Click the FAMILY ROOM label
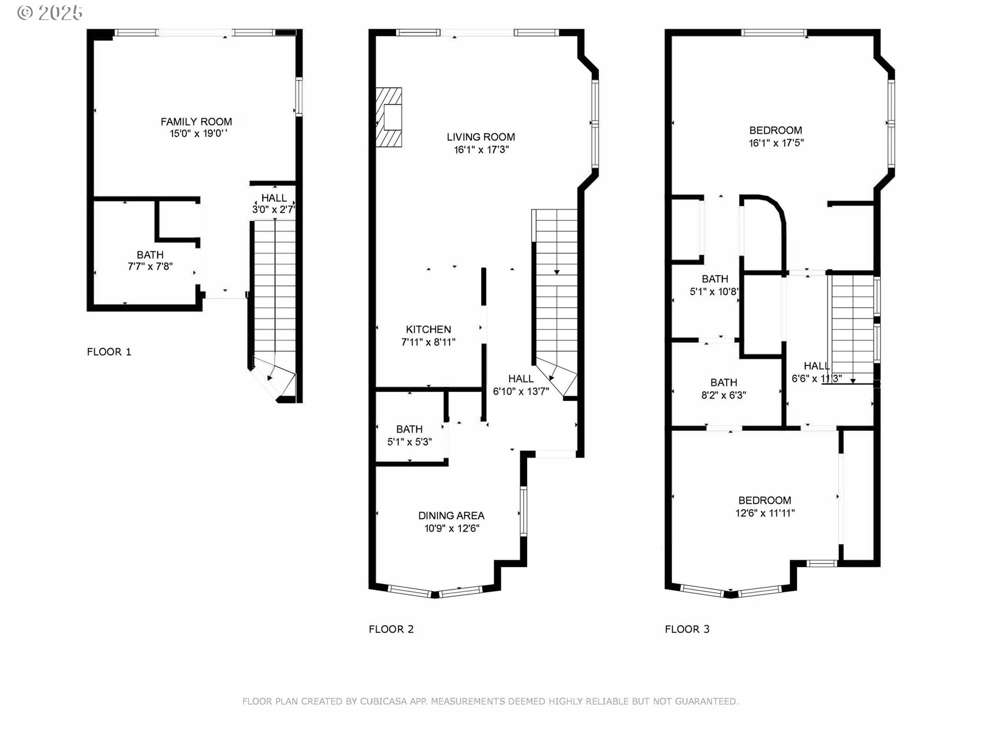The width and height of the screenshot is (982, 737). click(196, 122)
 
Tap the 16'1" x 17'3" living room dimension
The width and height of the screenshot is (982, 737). click(481, 150)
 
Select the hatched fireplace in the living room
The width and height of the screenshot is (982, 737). click(389, 117)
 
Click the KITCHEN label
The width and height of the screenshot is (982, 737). click(428, 330)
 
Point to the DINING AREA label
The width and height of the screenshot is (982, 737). click(451, 516)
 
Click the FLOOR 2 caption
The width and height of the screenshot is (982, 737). click(391, 629)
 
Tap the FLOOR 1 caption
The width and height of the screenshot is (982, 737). click(109, 352)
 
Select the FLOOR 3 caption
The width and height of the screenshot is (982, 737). click(687, 629)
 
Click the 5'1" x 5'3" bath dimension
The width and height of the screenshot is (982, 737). click(409, 442)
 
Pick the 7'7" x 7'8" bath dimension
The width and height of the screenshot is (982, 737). click(150, 267)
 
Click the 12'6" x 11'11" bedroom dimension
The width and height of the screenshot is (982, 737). click(765, 513)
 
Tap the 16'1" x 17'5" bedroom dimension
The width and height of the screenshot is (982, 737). click(776, 143)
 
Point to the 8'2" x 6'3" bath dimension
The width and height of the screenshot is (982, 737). click(723, 395)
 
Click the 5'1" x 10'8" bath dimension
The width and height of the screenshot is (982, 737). click(714, 292)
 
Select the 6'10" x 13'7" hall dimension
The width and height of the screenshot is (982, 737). click(521, 392)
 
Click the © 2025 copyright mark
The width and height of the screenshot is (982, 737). click(50, 13)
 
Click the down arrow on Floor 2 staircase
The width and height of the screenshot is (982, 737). click(556, 272)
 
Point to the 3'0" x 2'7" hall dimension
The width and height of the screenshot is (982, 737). click(274, 209)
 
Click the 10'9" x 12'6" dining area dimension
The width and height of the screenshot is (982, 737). click(451, 529)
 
